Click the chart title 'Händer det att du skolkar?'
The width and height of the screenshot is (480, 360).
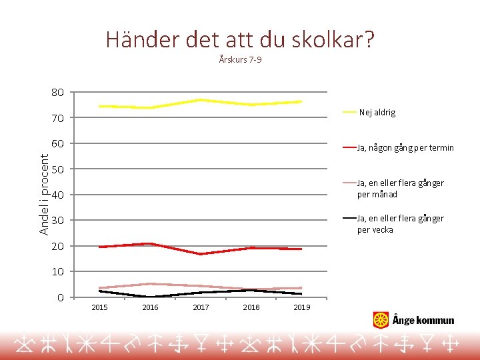pyautogui.click(x=240, y=40)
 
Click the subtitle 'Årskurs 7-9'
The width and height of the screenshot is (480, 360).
pyautogui.click(x=240, y=60)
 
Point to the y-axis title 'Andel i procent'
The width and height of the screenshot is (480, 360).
pyautogui.click(x=44, y=194)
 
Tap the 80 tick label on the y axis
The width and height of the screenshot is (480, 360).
pyautogui.click(x=57, y=93)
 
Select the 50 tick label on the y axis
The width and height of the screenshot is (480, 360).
pyautogui.click(x=57, y=170)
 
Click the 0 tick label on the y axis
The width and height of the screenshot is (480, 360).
pyautogui.click(x=60, y=298)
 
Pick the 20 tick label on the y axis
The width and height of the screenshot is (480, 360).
pyautogui.click(x=57, y=247)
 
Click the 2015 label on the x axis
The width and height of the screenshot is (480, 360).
pyautogui.click(x=99, y=307)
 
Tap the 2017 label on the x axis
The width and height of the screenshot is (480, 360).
pyautogui.click(x=201, y=307)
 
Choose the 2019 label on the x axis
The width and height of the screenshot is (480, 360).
pyautogui.click(x=302, y=307)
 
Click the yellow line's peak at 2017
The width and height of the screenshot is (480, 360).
pyautogui.click(x=201, y=100)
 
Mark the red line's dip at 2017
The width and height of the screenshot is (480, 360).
pyautogui.click(x=201, y=254)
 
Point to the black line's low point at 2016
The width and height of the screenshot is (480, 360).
pyautogui.click(x=150, y=297)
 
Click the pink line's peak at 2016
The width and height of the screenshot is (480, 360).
pyautogui.click(x=150, y=284)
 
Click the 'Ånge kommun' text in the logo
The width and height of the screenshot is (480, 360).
pyautogui.click(x=423, y=321)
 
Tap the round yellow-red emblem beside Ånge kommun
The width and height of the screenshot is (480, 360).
pyautogui.click(x=381, y=320)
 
